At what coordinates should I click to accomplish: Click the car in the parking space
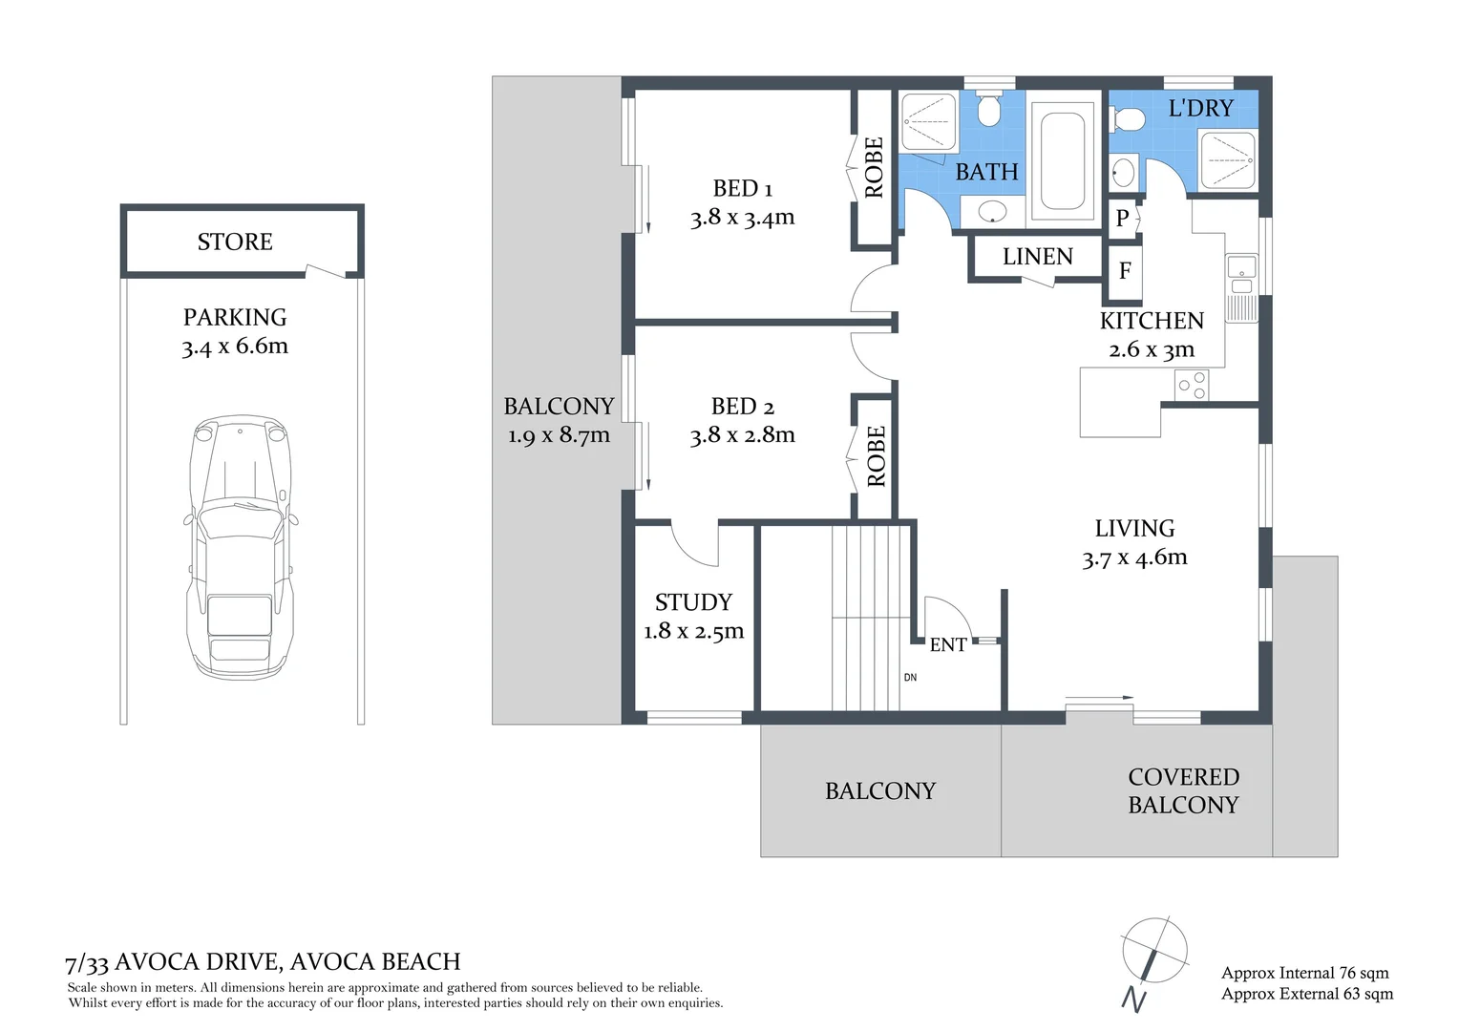(x=238, y=546)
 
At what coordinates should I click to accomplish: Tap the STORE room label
(x=235, y=242)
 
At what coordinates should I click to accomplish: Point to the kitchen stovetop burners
(x=1192, y=385)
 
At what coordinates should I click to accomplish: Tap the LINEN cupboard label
(x=1037, y=257)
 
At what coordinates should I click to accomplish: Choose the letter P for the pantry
(x=1123, y=219)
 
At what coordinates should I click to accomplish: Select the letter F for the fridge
(x=1125, y=271)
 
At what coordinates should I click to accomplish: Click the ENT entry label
(x=947, y=645)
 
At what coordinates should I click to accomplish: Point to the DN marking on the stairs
(x=910, y=678)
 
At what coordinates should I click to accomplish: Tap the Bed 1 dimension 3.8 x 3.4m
(x=742, y=218)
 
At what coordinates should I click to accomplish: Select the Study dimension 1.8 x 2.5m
(x=693, y=631)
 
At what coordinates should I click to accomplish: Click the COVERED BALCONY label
(x=1183, y=791)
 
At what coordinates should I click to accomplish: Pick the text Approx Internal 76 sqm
(x=1304, y=973)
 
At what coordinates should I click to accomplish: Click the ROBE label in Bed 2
(x=876, y=457)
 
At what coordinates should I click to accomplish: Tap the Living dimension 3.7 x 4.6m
(x=1134, y=558)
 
